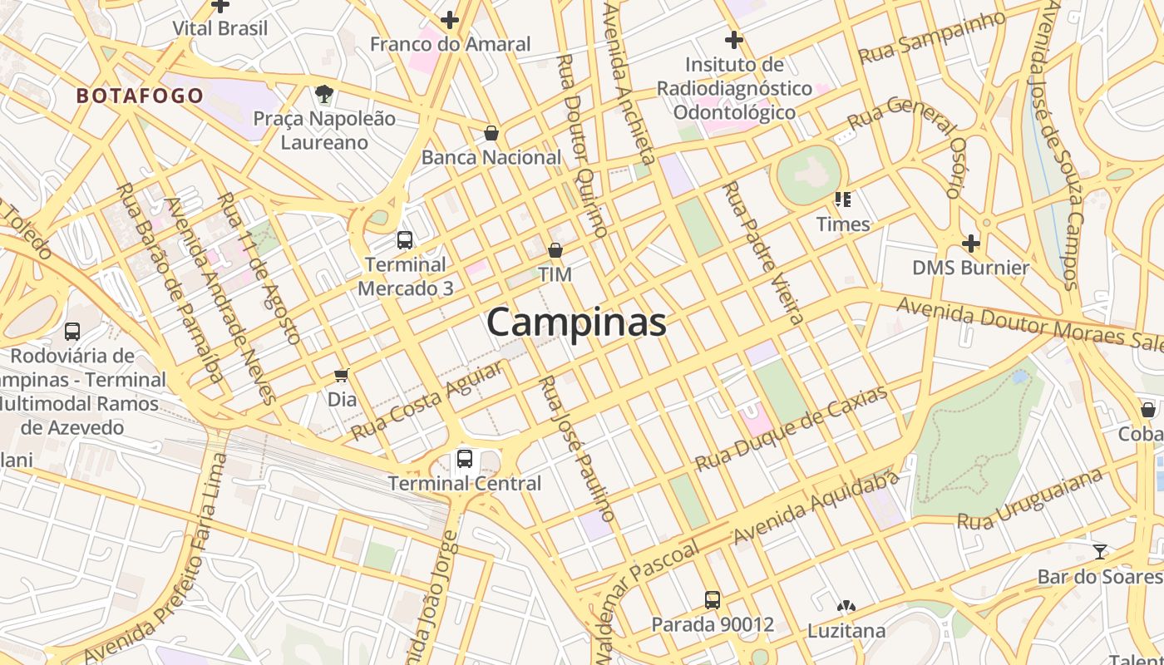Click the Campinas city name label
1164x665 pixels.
pyautogui.click(x=576, y=323)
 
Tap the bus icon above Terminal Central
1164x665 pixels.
pyautogui.click(x=465, y=458)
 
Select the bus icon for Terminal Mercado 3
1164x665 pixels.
pyautogui.click(x=405, y=240)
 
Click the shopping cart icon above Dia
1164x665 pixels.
pyautogui.click(x=341, y=375)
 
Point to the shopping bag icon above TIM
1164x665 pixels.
pyautogui.click(x=555, y=249)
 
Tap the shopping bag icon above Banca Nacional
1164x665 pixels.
pyautogui.click(x=491, y=133)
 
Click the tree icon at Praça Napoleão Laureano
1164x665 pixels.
pyautogui.click(x=324, y=94)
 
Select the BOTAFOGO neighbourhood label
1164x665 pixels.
pyautogui.click(x=140, y=96)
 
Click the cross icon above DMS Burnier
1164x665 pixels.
pyautogui.click(x=970, y=244)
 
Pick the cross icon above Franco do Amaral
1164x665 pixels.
pyautogui.click(x=450, y=20)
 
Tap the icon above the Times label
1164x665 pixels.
pyautogui.click(x=843, y=199)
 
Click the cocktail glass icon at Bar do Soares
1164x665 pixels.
pyautogui.click(x=1100, y=551)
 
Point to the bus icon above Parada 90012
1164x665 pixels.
pyautogui.click(x=713, y=599)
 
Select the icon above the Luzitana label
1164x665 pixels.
pyautogui.click(x=846, y=607)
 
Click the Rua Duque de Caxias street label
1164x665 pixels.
pyautogui.click(x=791, y=428)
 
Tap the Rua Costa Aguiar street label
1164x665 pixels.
pyautogui.click(x=427, y=401)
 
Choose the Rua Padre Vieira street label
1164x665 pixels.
pyautogui.click(x=762, y=252)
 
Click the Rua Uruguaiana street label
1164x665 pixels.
pyautogui.click(x=1030, y=499)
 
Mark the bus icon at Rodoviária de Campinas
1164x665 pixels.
pyautogui.click(x=72, y=332)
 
